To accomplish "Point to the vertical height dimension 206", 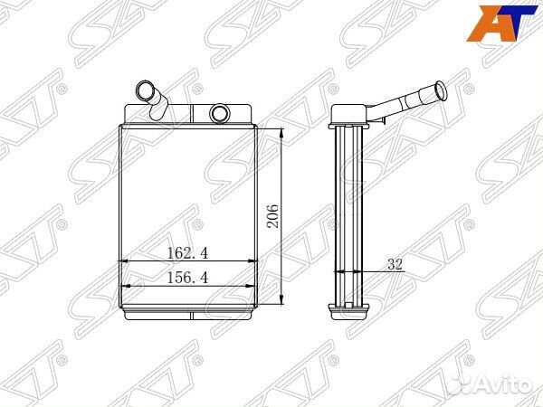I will point(273,215).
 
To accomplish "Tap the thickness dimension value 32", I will point(395,264).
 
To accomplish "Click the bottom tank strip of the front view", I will point(189,312).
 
